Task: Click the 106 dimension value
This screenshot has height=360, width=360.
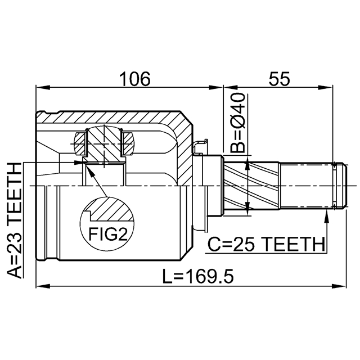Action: point(135,79)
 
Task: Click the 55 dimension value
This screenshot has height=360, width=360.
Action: point(280,79)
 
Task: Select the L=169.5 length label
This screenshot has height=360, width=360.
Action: point(198,276)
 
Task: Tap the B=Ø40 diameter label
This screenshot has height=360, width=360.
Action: point(238,123)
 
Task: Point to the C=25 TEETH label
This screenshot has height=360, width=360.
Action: point(267,245)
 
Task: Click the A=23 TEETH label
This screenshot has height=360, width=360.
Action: point(15,220)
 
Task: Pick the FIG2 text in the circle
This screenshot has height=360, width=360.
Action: point(108,234)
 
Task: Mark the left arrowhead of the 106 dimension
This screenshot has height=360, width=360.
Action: point(43,88)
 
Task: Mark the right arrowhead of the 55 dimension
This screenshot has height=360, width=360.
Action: point(325,88)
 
